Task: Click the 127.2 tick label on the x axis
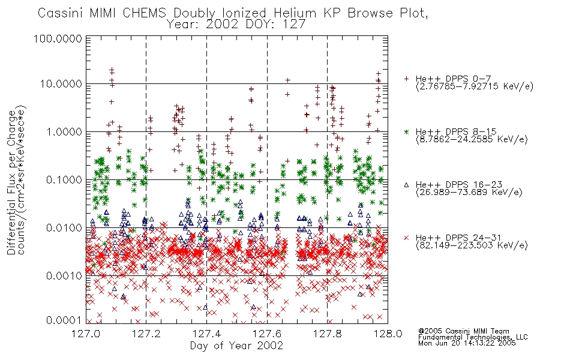click(x=146, y=334)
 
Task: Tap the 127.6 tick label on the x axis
click(x=267, y=334)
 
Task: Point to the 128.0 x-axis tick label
click(x=388, y=334)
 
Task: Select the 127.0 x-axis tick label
click(x=86, y=334)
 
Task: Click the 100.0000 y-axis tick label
click(x=58, y=38)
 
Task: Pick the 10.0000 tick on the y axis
click(x=61, y=83)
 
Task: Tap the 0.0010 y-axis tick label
click(x=64, y=275)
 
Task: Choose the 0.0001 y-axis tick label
click(x=64, y=320)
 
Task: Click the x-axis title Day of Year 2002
click(x=236, y=346)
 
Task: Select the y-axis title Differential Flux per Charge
click(x=11, y=182)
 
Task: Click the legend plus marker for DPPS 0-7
click(x=406, y=78)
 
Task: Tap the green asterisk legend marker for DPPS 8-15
click(x=406, y=131)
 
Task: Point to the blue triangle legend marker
click(x=406, y=185)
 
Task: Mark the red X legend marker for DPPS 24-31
click(x=406, y=238)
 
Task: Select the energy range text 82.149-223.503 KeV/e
click(x=472, y=245)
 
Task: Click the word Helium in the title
click(x=295, y=13)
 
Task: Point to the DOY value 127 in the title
click(x=295, y=25)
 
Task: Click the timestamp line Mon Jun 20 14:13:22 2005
click(x=467, y=343)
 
